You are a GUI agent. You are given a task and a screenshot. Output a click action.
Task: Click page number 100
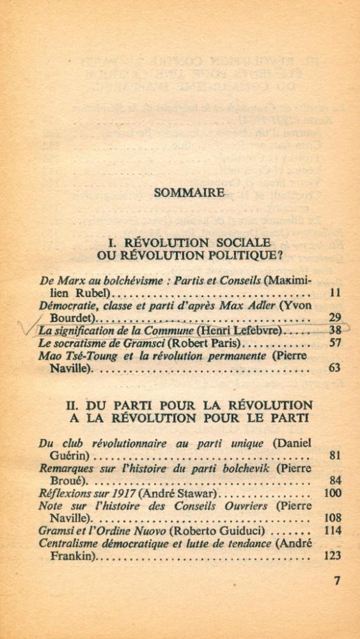coord(333,493)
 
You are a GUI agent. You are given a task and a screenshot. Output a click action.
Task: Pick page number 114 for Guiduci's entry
coord(332,530)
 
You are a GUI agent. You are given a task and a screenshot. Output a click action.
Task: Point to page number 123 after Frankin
coord(332,555)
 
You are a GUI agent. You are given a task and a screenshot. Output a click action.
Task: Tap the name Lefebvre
coord(254,330)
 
